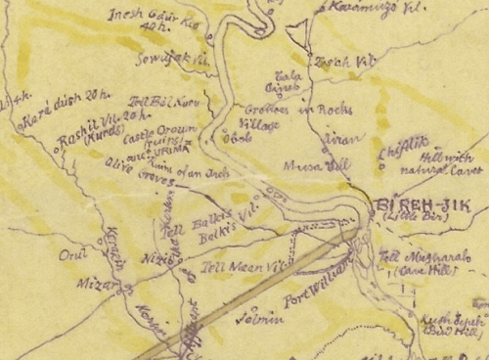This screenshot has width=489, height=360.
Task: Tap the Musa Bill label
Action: click(x=301, y=167)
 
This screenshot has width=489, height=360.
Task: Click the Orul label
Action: click(x=71, y=255)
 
